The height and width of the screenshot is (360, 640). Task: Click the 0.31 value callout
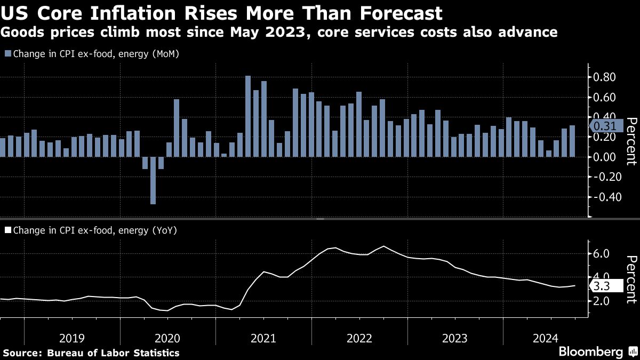click(x=605, y=126)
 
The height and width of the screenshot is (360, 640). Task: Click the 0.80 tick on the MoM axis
click(x=605, y=77)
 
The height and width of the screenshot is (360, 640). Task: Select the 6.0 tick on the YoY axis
click(x=601, y=253)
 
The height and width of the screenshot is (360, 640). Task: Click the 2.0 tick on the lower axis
click(x=601, y=301)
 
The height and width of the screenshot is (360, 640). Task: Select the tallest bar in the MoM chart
click(x=248, y=116)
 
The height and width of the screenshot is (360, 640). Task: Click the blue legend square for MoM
click(x=7, y=54)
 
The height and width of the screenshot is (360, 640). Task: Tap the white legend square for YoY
click(x=7, y=230)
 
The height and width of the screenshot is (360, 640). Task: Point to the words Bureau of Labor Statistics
click(x=113, y=353)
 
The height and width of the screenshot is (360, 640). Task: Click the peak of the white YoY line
click(x=384, y=246)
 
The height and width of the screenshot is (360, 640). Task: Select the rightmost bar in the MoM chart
click(x=572, y=141)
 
